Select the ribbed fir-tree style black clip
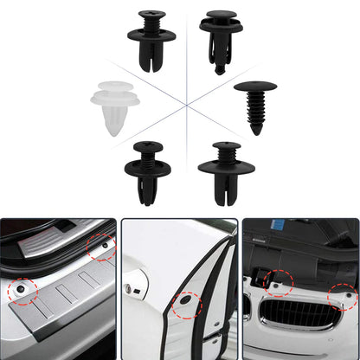coord(257,107)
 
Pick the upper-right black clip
coord(220,42)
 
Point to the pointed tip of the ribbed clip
coord(259,131)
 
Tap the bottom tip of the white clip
coord(116,133)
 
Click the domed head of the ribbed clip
coord(257,87)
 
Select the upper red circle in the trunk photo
coord(101,246)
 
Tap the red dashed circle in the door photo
coord(187,305)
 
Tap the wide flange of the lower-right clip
coord(226,166)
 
